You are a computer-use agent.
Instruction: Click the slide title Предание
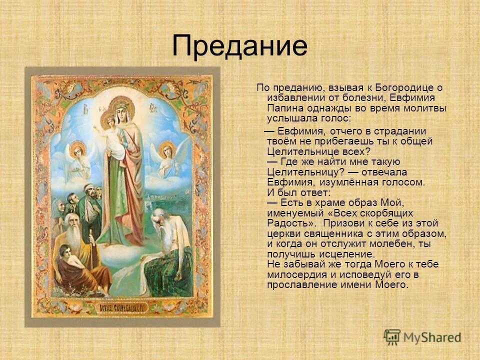[239, 46]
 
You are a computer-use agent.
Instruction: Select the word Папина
[282, 108]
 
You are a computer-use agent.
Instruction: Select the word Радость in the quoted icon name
[285, 223]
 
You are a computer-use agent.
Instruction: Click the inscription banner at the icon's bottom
[122, 307]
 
